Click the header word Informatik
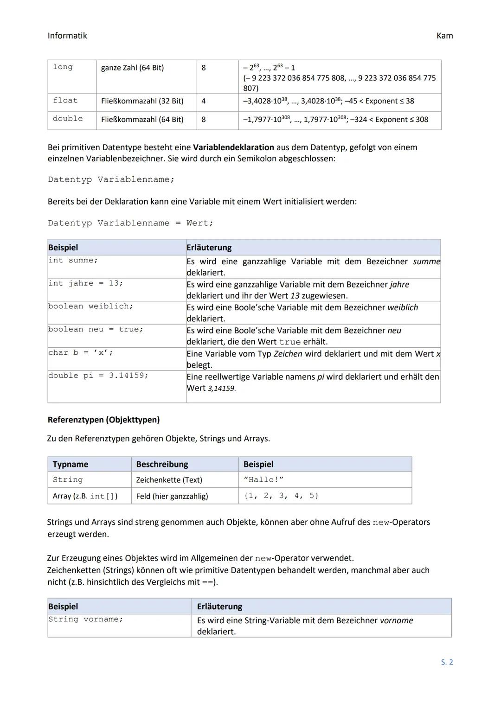[x=67, y=36]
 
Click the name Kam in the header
[x=444, y=36]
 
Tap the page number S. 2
[x=447, y=662]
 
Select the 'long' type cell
[x=63, y=67]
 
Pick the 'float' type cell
[x=65, y=101]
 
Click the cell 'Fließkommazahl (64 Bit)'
[x=142, y=120]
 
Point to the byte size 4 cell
[x=203, y=101]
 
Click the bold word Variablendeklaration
[x=233, y=147]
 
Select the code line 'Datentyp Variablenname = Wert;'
[x=130, y=223]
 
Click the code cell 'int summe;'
[x=73, y=261]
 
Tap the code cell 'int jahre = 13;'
[x=86, y=283]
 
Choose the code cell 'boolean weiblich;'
[x=90, y=306]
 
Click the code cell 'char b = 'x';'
[x=81, y=353]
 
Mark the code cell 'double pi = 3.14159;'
[x=98, y=376]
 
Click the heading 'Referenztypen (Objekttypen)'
[x=103, y=420]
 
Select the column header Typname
[x=71, y=464]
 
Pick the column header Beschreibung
[x=162, y=464]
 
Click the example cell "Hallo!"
[x=263, y=480]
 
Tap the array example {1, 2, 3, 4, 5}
[x=281, y=496]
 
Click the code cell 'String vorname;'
[x=86, y=619]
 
